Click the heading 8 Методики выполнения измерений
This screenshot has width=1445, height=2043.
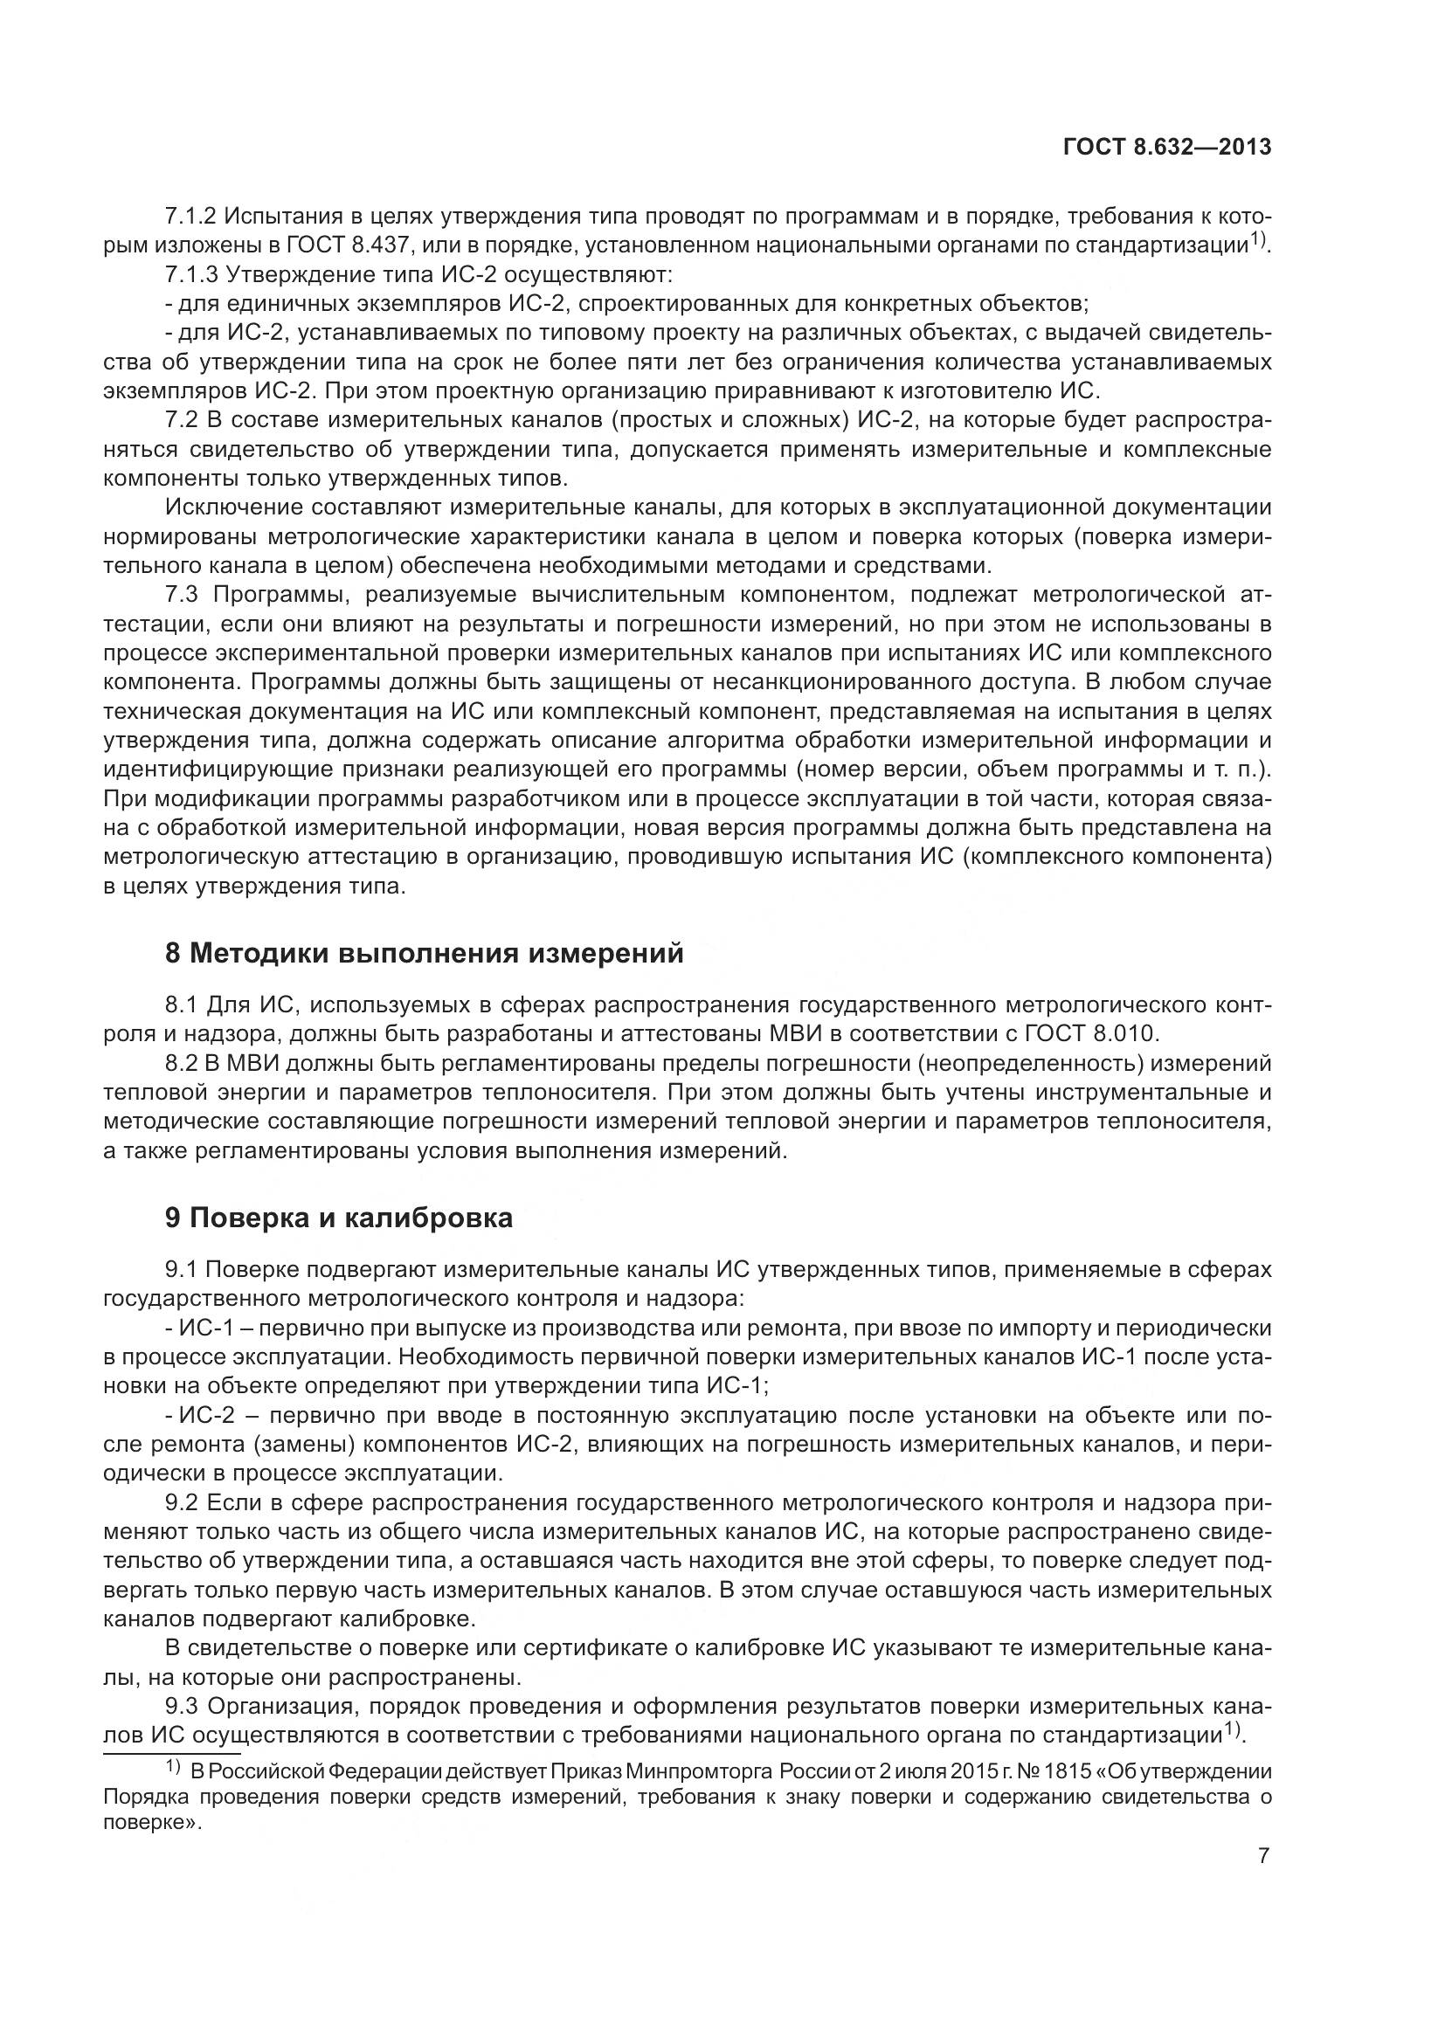click(x=425, y=953)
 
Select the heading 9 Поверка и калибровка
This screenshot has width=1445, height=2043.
click(x=339, y=1218)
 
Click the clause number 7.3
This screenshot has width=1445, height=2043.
click(x=183, y=595)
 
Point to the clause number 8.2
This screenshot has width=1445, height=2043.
click(x=183, y=1062)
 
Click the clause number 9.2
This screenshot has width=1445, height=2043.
click(x=183, y=1503)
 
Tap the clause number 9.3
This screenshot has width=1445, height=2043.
click(x=183, y=1707)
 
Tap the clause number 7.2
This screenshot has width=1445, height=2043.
click(x=183, y=420)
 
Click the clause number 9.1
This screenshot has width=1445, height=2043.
click(x=183, y=1269)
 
